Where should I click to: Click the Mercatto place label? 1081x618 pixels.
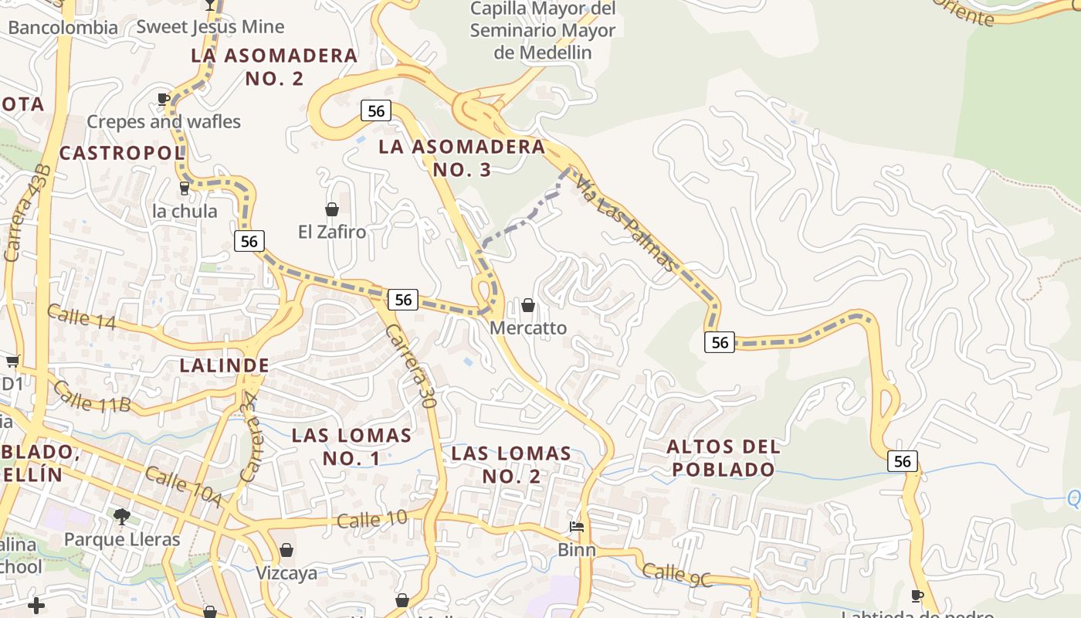pyautogui.click(x=528, y=328)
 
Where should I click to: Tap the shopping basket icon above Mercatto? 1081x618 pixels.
pyautogui.click(x=528, y=305)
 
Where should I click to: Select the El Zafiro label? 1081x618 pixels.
pyautogui.click(x=332, y=232)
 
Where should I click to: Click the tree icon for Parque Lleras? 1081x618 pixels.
pyautogui.click(x=121, y=516)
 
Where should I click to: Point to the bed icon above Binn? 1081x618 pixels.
pyautogui.click(x=577, y=527)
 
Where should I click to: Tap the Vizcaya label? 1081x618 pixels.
pyautogui.click(x=286, y=573)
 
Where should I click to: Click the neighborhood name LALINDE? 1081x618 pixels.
pyautogui.click(x=225, y=365)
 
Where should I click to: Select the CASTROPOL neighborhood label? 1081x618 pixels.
pyautogui.click(x=123, y=153)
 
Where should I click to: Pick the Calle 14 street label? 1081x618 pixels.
pyautogui.click(x=81, y=317)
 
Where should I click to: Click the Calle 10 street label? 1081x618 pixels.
pyautogui.click(x=372, y=519)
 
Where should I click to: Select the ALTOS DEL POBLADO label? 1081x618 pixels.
pyautogui.click(x=723, y=457)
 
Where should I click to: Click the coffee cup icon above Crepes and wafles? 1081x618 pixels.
pyautogui.click(x=163, y=99)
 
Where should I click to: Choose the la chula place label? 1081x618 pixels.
pyautogui.click(x=185, y=211)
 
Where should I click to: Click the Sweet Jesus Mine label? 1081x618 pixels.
pyautogui.click(x=210, y=27)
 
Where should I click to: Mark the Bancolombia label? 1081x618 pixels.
pyautogui.click(x=63, y=28)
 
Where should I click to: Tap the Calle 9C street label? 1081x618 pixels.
pyautogui.click(x=677, y=572)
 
